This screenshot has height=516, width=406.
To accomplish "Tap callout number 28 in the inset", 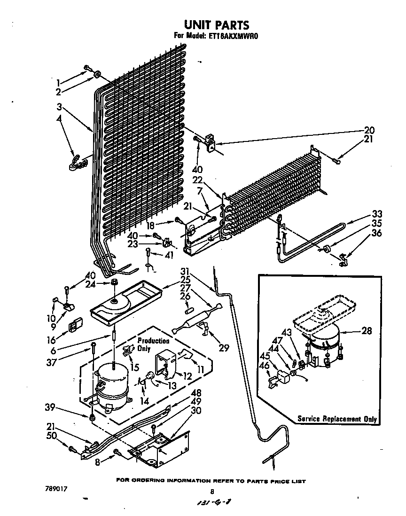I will click(x=367, y=331).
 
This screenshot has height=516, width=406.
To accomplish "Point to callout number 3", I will click(x=61, y=107).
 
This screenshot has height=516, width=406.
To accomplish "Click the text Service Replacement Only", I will click(x=337, y=419).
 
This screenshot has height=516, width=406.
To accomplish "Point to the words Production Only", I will click(x=153, y=345).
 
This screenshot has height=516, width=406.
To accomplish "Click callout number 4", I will click(x=60, y=119).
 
